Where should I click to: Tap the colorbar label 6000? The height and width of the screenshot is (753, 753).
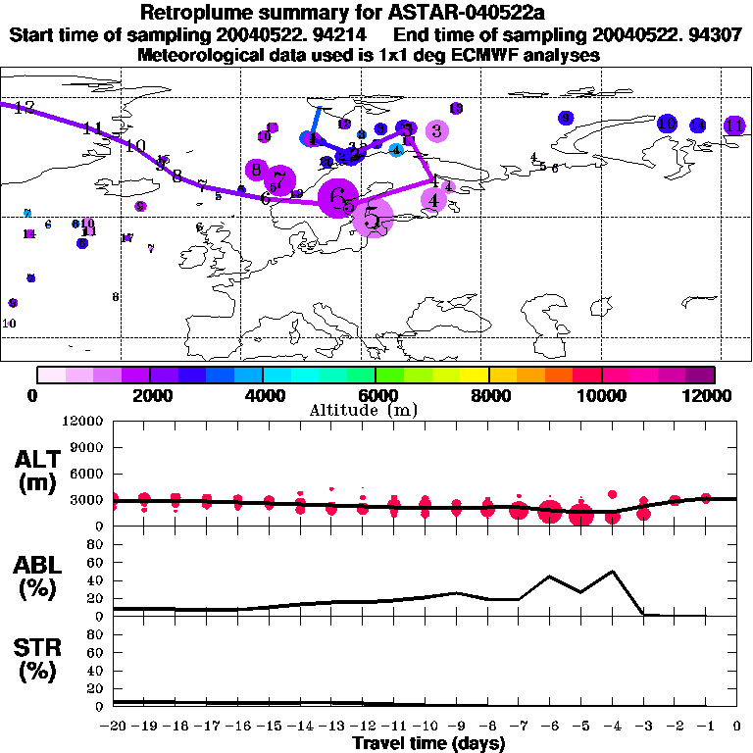click(376, 395)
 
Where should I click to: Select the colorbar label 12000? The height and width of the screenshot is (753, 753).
click(710, 395)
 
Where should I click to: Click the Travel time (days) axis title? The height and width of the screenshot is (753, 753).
click(427, 743)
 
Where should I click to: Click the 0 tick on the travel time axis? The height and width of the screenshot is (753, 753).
click(737, 727)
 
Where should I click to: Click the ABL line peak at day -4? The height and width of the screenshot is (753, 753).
click(613, 571)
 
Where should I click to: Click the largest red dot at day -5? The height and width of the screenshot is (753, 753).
click(581, 515)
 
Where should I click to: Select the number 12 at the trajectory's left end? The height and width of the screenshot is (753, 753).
click(24, 107)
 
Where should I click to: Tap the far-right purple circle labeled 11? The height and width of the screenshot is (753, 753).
click(734, 125)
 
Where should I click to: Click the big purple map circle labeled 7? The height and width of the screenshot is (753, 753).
click(280, 179)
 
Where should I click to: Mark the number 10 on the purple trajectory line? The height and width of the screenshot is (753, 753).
click(135, 146)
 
